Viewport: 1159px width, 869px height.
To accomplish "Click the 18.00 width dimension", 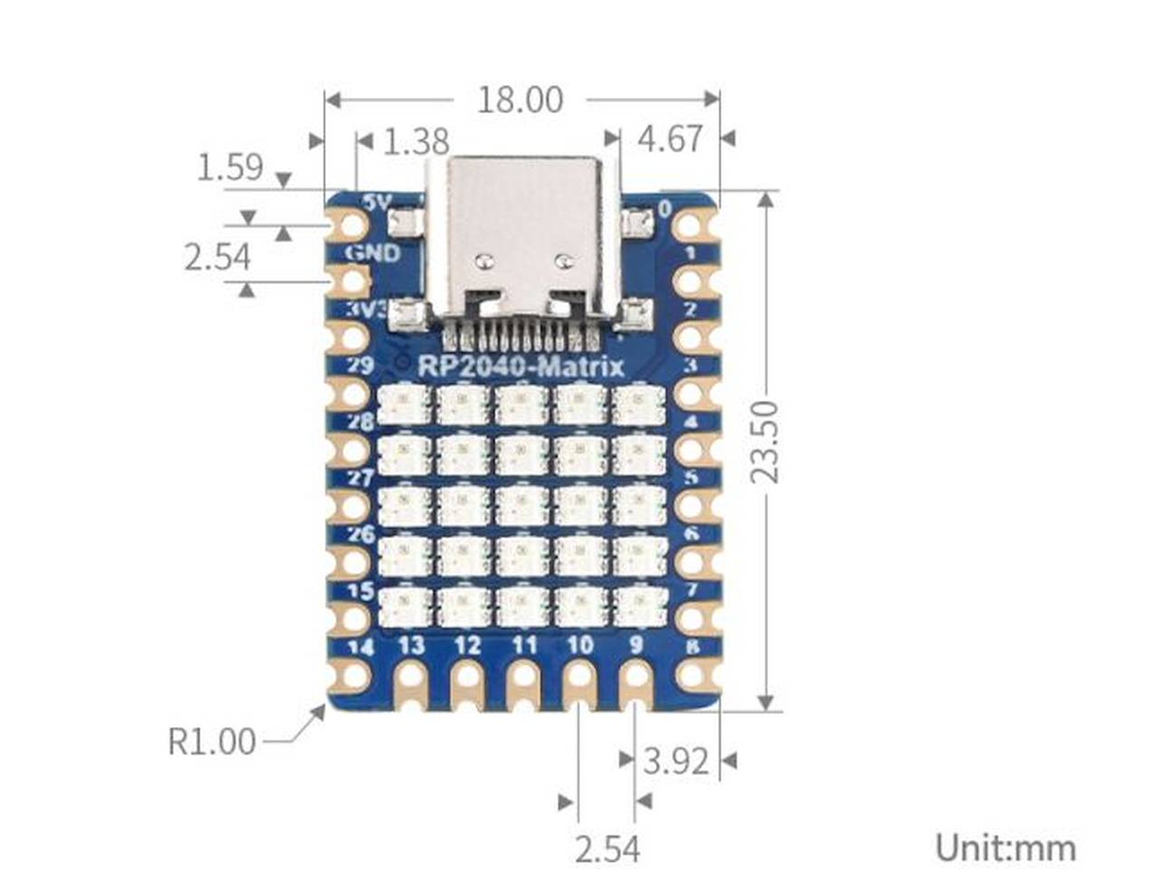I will click(x=520, y=100).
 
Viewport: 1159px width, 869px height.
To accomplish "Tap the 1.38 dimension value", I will click(x=417, y=141).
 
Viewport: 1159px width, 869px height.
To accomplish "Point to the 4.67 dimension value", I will click(x=670, y=139).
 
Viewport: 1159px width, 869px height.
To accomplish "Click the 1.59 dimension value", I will click(x=230, y=167).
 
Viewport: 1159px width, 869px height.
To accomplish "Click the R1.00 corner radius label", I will click(x=212, y=741).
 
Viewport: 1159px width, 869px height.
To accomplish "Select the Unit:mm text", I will click(x=1005, y=848).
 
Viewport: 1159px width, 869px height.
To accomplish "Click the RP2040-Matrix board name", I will click(x=521, y=367).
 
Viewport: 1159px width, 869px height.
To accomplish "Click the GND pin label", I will click(x=371, y=253).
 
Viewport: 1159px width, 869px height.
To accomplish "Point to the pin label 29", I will click(x=360, y=366).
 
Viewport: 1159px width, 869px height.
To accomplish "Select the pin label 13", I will click(x=411, y=645).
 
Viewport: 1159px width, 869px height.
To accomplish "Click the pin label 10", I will click(x=579, y=645).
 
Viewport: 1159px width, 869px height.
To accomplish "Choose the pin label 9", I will click(x=636, y=645).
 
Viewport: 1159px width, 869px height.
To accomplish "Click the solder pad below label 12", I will click(x=468, y=680).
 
